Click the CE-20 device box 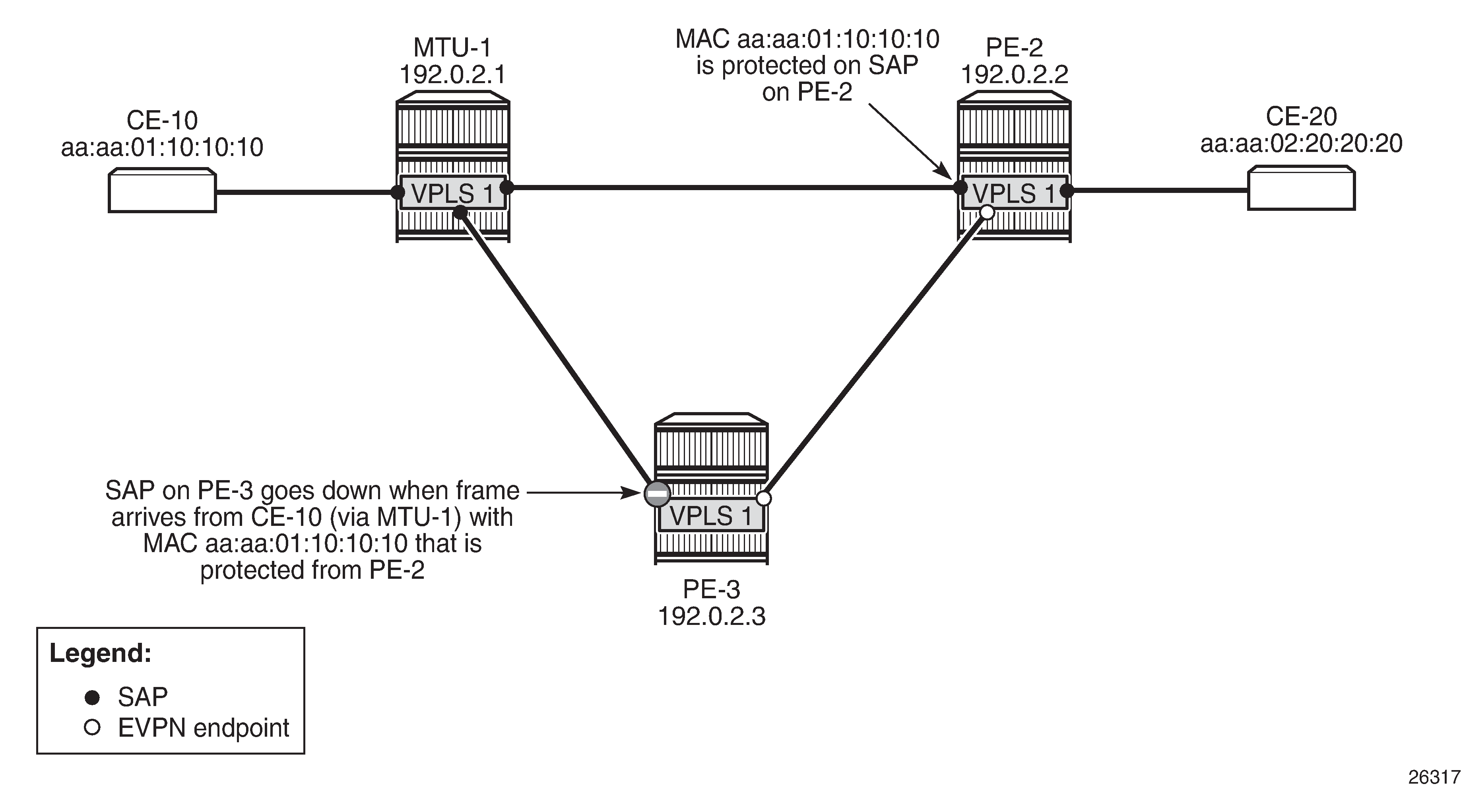[1301, 189]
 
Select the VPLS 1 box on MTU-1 [452, 193]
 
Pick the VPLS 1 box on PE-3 [711, 516]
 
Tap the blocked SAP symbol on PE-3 [657, 494]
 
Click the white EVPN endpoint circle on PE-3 [764, 498]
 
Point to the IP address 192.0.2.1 [452, 74]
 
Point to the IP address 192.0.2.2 [1014, 74]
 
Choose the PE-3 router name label [711, 590]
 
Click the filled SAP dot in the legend [93, 697]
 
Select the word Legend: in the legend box [101, 653]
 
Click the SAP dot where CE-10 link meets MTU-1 [398, 192]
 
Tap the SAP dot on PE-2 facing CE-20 [1067, 191]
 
